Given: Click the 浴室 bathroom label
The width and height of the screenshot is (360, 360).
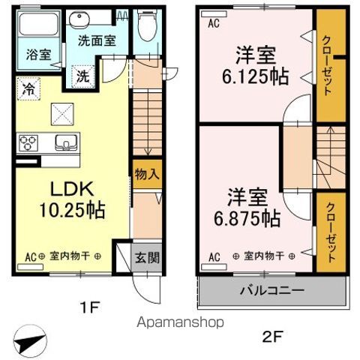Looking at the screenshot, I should point(40,54).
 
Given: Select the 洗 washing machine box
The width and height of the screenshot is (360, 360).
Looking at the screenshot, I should point(83,76).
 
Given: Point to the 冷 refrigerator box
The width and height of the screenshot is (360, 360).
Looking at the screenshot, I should point(27,88).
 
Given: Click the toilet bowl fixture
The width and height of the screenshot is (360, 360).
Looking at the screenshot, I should point(147,28).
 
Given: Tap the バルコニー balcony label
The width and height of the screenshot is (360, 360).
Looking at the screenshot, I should point(271,290).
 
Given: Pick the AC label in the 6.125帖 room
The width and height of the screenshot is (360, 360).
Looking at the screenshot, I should point(214,23).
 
